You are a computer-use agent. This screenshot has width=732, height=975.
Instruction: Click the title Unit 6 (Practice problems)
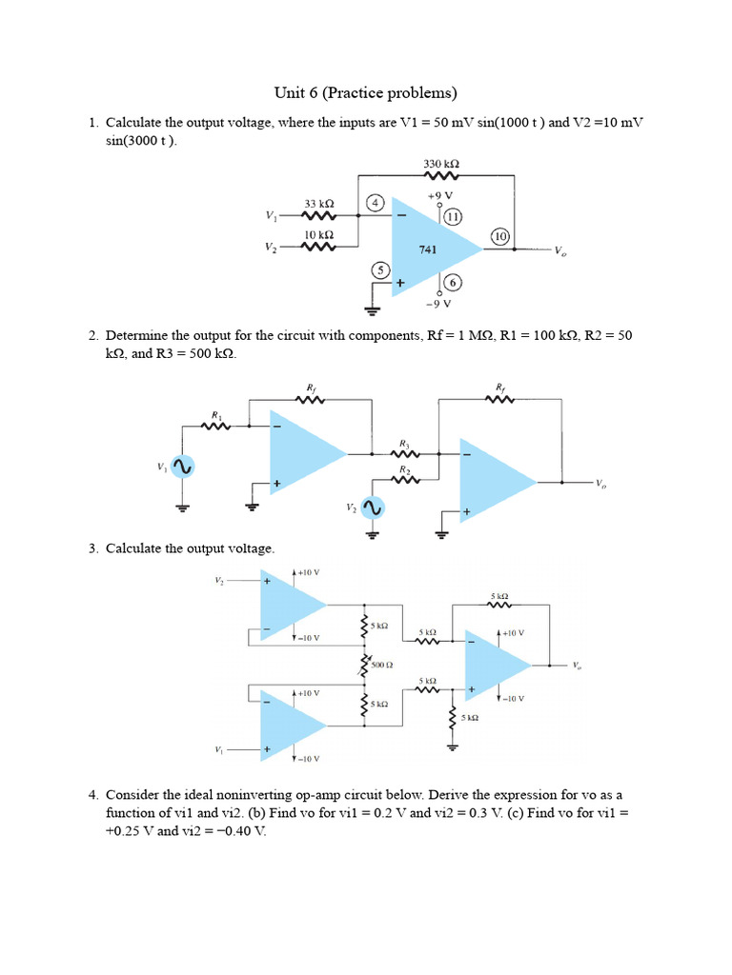[x=366, y=92]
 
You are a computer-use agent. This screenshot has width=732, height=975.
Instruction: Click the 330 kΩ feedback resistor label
[x=441, y=164]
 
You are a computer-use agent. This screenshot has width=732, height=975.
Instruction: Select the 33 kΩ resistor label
[x=318, y=204]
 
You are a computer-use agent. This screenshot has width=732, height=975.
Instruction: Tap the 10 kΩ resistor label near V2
[x=318, y=233]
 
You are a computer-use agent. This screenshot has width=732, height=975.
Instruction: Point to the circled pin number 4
[x=376, y=203]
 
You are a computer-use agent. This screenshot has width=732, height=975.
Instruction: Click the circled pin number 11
[x=452, y=216]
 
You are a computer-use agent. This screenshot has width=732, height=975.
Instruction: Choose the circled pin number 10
[x=500, y=235]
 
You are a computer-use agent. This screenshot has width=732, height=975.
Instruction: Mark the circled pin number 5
[x=381, y=269]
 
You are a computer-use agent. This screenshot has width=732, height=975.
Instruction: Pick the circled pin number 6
[x=452, y=283]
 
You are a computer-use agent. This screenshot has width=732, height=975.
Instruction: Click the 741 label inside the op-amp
[x=429, y=249]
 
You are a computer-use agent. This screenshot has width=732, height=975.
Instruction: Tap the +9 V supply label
[x=439, y=195]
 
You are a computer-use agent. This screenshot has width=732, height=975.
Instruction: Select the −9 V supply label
[x=439, y=304]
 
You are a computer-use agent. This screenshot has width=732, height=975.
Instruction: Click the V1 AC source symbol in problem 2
[x=182, y=468]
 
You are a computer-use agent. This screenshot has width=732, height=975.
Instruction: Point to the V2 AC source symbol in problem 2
[x=374, y=509]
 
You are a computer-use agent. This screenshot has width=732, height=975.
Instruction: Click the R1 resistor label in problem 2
[x=217, y=415]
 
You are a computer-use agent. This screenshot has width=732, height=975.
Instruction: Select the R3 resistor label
[x=404, y=443]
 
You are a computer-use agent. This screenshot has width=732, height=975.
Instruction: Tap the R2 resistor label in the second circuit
[x=404, y=469]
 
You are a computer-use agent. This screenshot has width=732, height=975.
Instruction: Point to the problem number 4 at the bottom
[x=93, y=793]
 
